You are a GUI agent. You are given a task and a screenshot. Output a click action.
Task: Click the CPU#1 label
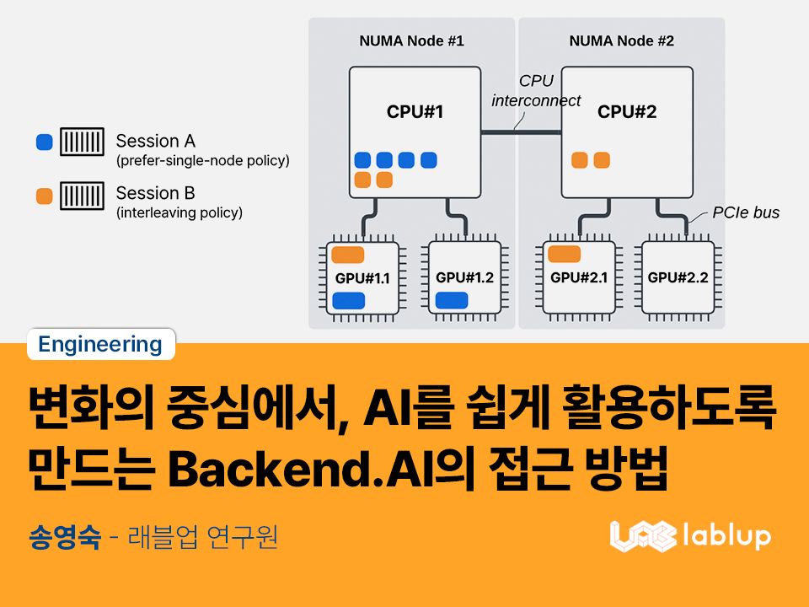tap(415, 111)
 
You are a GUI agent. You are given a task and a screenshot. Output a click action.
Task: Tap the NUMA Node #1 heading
tap(411, 40)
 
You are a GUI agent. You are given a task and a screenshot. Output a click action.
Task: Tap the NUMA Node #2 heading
tap(621, 40)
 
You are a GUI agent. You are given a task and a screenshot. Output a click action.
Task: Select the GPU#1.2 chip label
tap(464, 277)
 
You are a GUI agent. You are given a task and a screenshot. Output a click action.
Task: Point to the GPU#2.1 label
tap(578, 277)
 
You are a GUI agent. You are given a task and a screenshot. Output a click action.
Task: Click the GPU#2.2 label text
tap(678, 277)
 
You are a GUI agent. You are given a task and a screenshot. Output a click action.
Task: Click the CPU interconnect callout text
tap(536, 91)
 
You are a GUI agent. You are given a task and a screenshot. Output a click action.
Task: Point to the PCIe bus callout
tap(745, 212)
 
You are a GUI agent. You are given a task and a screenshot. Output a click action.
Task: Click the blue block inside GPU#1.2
tap(452, 299)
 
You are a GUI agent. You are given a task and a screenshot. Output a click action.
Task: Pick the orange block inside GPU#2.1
tap(564, 254)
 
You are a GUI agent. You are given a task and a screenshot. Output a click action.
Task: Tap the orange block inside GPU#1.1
tap(348, 255)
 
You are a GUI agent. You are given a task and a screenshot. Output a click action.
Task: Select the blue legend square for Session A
tap(45, 142)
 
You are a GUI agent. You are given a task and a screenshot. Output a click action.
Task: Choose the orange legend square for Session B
tap(45, 196)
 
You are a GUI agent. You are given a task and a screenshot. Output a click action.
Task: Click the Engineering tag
tap(100, 344)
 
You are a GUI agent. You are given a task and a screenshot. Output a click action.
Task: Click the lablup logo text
tap(725, 534)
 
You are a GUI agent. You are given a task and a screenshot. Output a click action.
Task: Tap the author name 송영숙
tap(64, 536)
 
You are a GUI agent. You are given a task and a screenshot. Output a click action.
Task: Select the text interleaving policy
tap(179, 212)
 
